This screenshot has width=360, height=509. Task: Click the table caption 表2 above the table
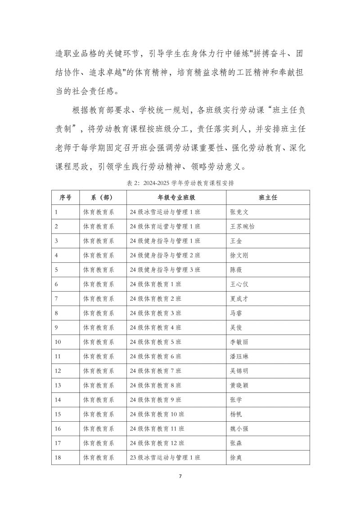(180, 183)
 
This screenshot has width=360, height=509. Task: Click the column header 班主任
(267, 197)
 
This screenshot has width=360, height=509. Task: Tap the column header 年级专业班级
(176, 197)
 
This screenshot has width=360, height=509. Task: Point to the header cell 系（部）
(102, 197)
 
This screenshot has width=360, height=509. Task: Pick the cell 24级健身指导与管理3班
(165, 270)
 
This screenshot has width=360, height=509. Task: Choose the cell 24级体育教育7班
(155, 371)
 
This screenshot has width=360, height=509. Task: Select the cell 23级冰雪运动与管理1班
(165, 458)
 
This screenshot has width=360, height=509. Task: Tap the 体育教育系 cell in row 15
(99, 414)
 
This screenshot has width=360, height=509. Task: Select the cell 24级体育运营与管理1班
(165, 226)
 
